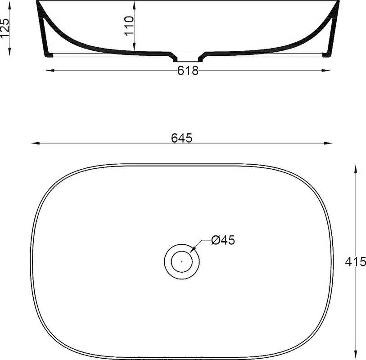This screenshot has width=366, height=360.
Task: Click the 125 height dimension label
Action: point(5,28)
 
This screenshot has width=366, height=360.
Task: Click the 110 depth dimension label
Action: point(129,26)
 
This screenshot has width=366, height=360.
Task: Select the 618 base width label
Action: point(188,71)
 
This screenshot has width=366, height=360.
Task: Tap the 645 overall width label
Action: point(181,138)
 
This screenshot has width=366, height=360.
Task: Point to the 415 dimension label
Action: point(356,262)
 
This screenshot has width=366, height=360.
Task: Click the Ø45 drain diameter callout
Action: point(223,240)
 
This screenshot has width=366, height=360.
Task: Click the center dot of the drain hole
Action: point(182,261)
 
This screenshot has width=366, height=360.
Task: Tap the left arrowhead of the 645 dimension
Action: point(35,143)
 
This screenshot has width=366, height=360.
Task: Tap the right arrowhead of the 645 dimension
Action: point(328,143)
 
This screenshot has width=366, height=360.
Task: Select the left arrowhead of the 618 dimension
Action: point(50,70)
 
